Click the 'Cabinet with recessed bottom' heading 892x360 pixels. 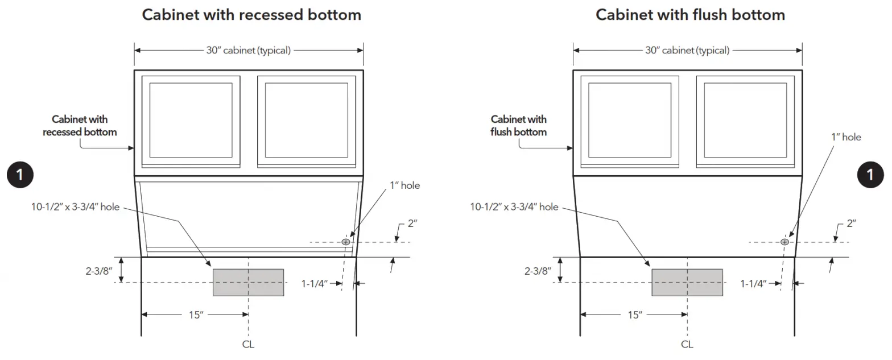(251, 15)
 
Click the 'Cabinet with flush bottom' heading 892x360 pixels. (690, 15)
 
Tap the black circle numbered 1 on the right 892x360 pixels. (870, 175)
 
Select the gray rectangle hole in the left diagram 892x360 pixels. (248, 282)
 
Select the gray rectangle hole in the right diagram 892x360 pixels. (687, 282)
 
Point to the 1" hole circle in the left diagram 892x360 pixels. (345, 242)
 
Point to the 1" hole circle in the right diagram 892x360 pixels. (784, 242)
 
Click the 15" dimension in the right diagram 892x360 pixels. (634, 315)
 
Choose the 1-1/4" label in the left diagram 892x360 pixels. (315, 283)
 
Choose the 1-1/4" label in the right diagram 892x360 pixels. (754, 283)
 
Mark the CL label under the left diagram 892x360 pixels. (248, 344)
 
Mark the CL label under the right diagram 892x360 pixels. (687, 344)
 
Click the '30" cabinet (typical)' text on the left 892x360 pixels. (249, 50)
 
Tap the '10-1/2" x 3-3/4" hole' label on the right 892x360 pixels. (514, 207)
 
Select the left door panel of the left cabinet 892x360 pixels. (191, 120)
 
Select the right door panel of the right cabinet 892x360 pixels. (745, 120)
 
